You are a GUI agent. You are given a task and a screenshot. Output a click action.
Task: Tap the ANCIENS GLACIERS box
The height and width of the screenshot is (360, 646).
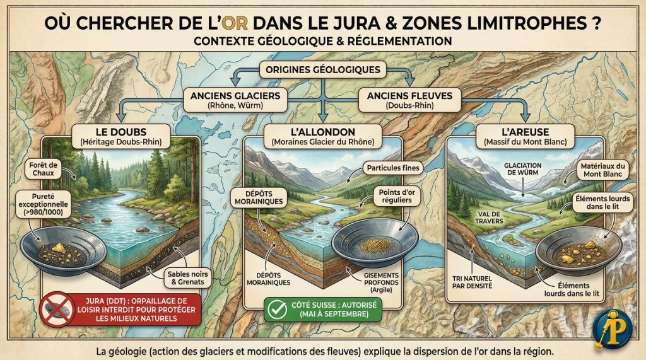click(x=235, y=100)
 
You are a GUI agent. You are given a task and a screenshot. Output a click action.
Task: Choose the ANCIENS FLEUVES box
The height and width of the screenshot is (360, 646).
click(x=409, y=100)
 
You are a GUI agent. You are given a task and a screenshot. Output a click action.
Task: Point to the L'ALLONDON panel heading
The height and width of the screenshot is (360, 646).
click(x=322, y=137)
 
